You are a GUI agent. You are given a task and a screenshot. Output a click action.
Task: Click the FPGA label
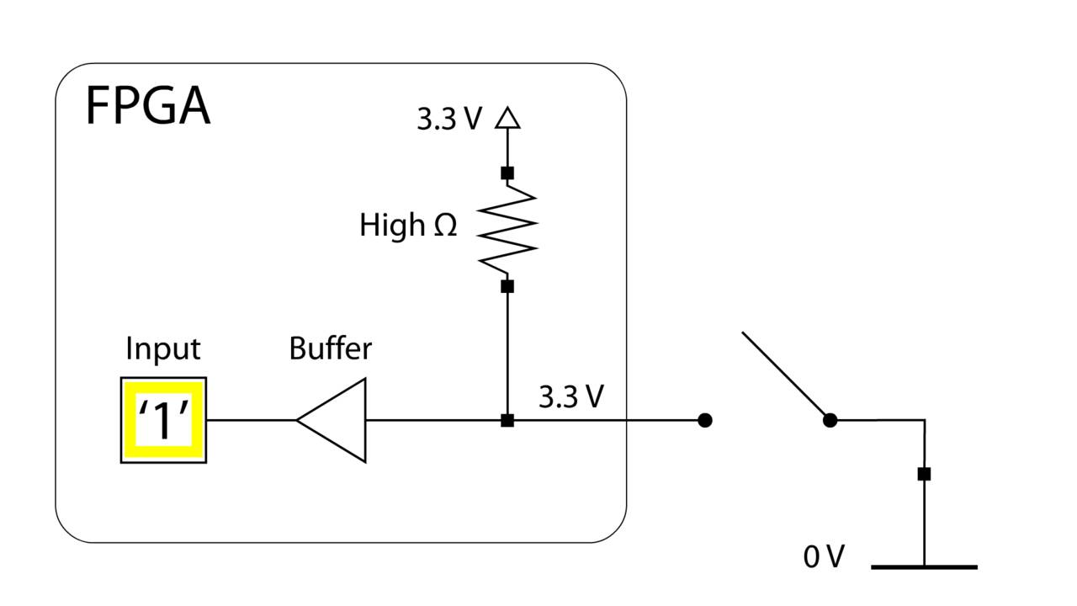tap(147, 108)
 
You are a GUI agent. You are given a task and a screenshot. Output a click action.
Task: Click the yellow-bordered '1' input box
tap(163, 420)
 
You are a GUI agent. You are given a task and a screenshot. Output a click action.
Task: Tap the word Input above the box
tap(162, 348)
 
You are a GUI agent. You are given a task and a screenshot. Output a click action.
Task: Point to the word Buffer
tap(330, 348)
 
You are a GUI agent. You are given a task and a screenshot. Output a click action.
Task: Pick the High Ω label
tap(408, 226)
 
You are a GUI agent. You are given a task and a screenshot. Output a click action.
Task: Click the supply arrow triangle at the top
tap(507, 118)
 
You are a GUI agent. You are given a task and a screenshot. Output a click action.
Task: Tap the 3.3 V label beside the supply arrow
tap(449, 120)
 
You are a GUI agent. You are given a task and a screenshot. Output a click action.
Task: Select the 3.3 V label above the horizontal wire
tap(570, 396)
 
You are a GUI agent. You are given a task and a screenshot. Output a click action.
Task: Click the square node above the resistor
tap(507, 173)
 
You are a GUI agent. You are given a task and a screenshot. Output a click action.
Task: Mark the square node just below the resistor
tap(507, 286)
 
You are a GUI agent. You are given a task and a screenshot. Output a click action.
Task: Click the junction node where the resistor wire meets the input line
tap(507, 420)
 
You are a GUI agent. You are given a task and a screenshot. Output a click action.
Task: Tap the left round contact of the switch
tap(705, 420)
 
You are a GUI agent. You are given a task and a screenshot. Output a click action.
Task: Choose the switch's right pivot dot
tap(830, 420)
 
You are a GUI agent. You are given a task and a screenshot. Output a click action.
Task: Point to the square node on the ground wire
tap(924, 474)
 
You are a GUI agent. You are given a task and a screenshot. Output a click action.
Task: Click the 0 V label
tap(824, 556)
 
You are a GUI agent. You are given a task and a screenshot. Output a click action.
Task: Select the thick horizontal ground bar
tap(924, 567)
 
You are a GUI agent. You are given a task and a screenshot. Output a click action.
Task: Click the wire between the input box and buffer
tap(251, 420)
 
